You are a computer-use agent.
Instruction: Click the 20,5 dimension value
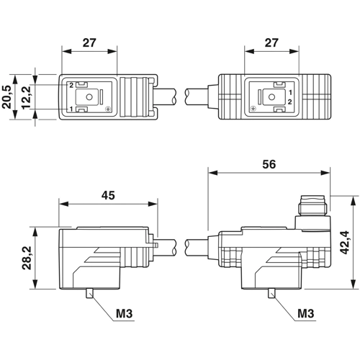(x=7, y=97)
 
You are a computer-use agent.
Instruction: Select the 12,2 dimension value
(x=26, y=97)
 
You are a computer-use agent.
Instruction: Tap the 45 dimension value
(x=108, y=195)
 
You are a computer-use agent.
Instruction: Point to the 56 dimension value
(x=269, y=164)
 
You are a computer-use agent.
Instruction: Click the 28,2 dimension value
(x=27, y=258)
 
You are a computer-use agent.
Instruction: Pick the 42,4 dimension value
(x=345, y=243)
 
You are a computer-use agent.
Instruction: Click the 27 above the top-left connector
(x=89, y=42)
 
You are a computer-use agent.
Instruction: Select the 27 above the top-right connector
(x=271, y=42)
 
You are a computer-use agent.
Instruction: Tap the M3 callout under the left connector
(x=124, y=313)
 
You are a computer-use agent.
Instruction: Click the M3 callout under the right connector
(x=306, y=313)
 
